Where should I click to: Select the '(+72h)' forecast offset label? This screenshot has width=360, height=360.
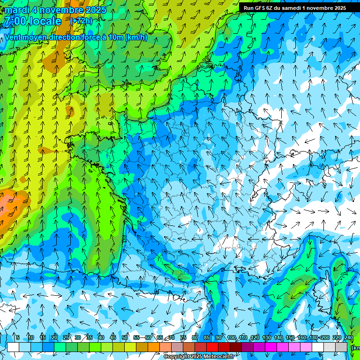click(81, 21)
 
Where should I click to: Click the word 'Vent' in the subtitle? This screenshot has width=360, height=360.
click(14, 37)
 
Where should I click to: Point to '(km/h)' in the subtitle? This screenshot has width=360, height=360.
click(136, 37)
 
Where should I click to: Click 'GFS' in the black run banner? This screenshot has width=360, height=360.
click(261, 7)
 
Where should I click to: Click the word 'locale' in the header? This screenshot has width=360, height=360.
click(45, 21)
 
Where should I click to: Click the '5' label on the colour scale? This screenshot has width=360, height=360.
click(18, 337)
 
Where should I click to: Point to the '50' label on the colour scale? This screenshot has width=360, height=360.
click(125, 337)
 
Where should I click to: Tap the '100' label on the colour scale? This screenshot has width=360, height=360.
click(232, 337)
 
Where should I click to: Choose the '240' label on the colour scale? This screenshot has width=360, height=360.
click(349, 337)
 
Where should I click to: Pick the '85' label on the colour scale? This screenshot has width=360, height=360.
click(207, 337)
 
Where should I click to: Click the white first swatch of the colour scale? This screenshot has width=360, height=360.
click(13, 347)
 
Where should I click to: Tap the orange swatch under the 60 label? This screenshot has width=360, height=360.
click(154, 347)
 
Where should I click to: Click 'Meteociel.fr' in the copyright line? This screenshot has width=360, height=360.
click(218, 357)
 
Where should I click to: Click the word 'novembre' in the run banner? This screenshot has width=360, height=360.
click(319, 7)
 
